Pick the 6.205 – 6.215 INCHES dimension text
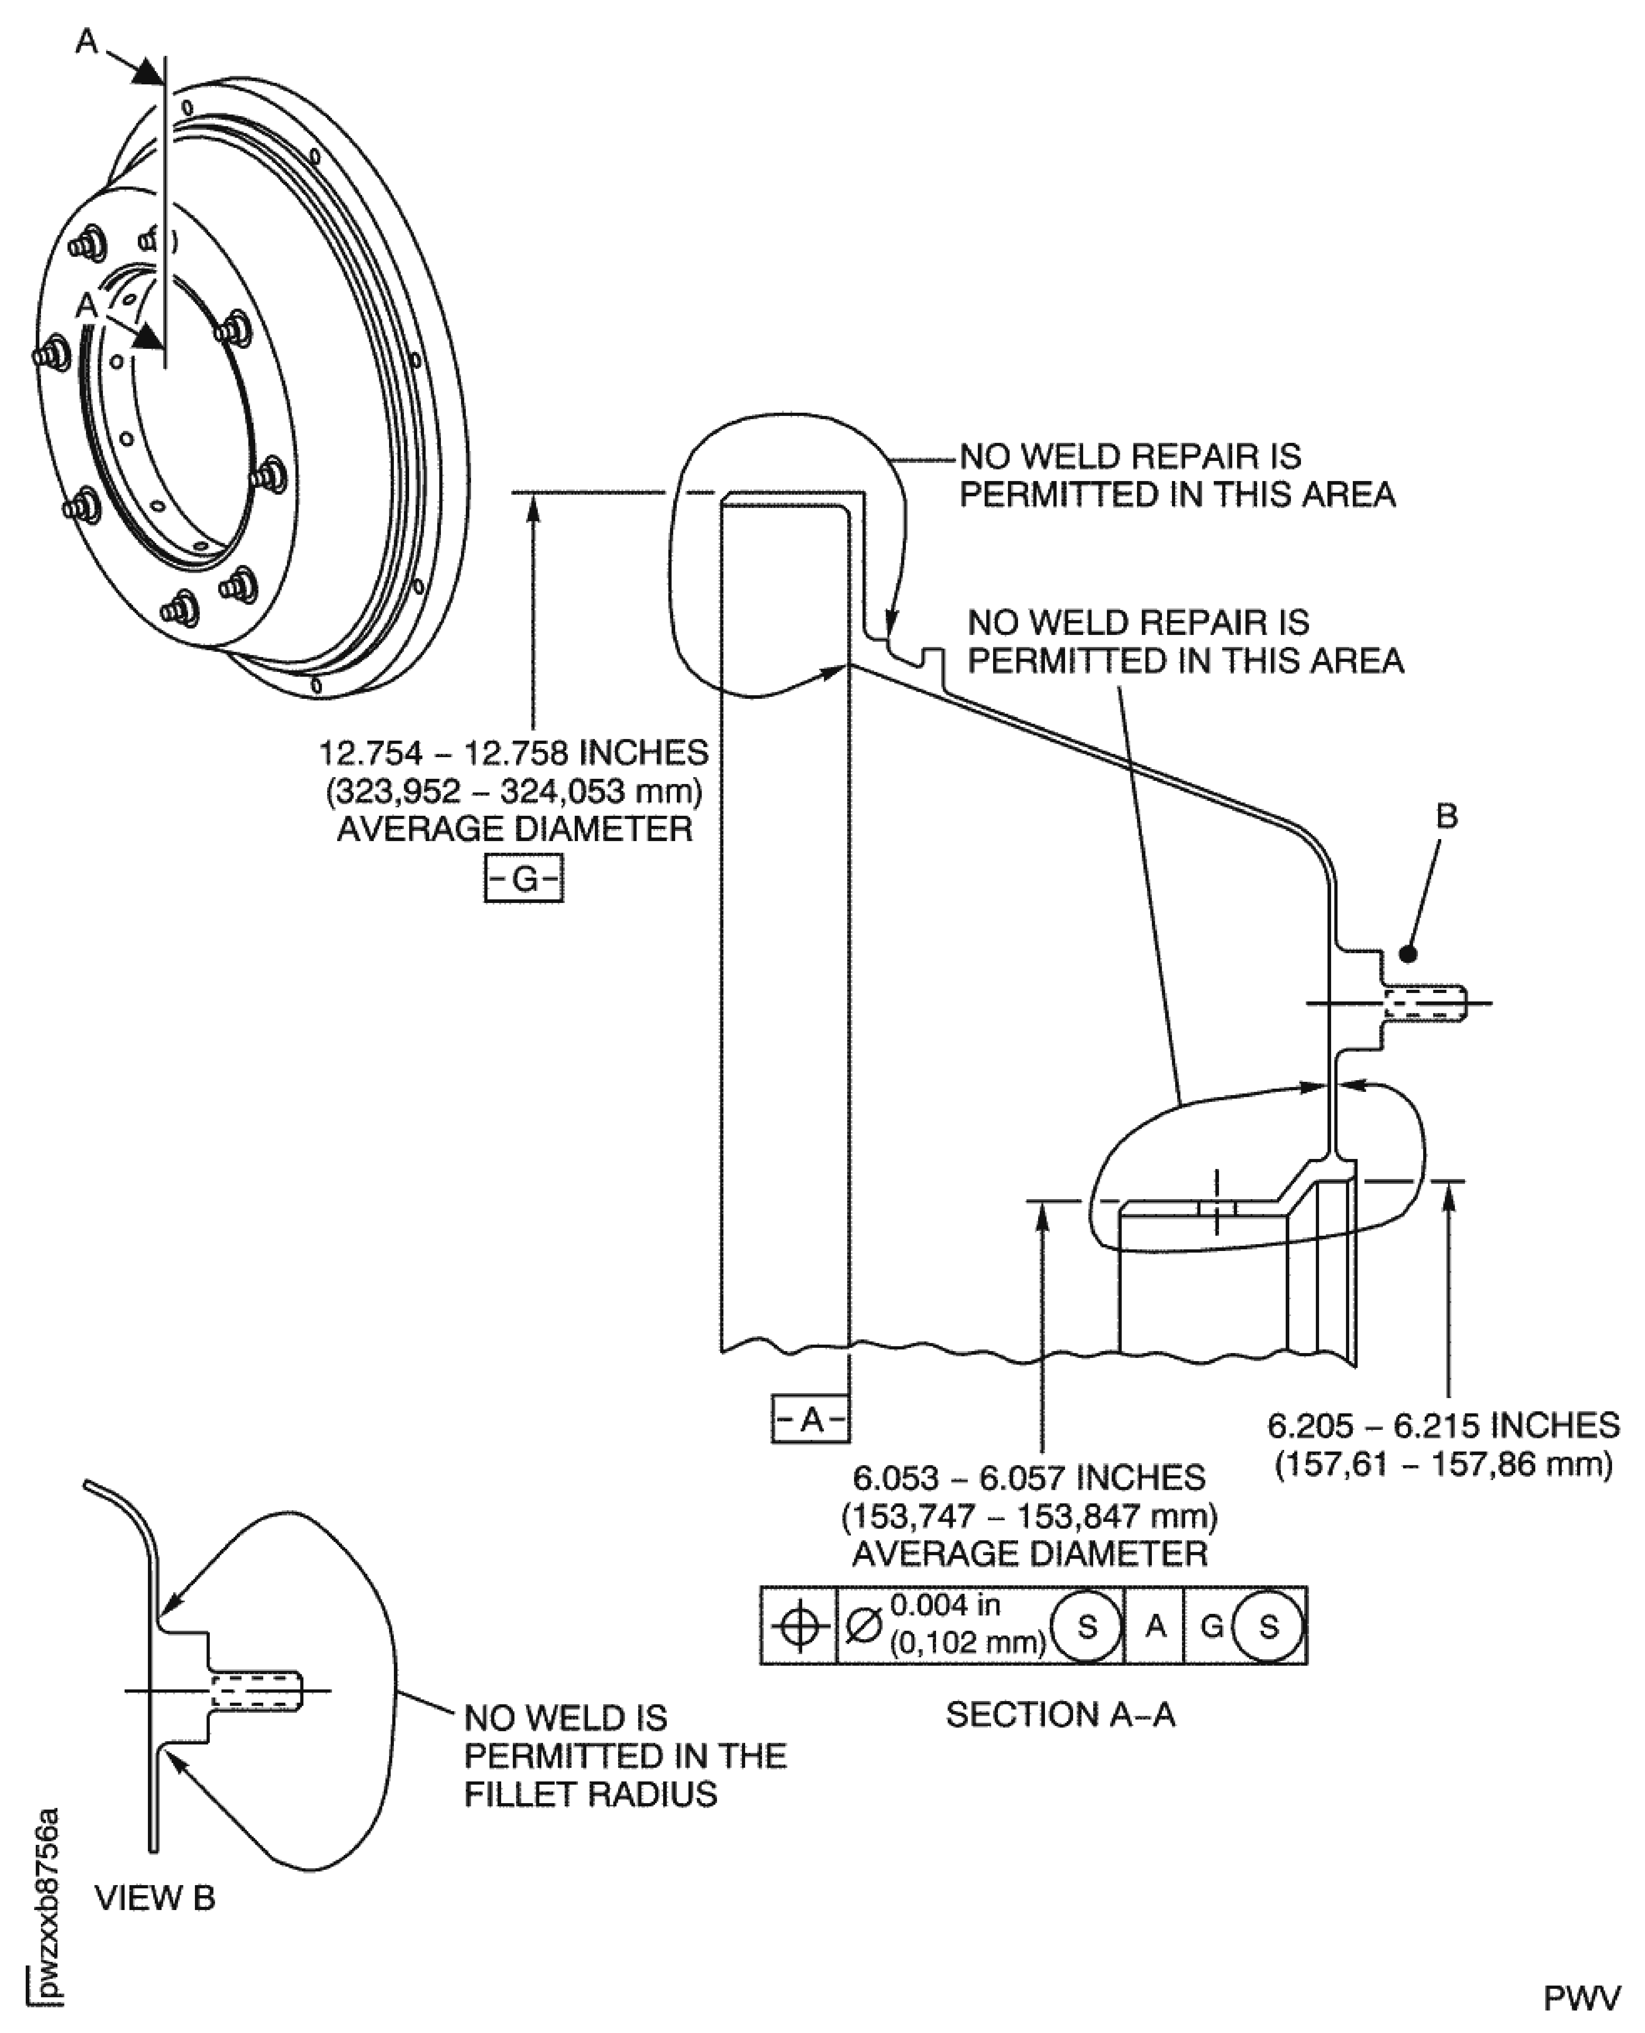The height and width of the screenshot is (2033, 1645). pyautogui.click(x=1443, y=1426)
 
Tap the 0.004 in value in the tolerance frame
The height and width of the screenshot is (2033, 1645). pyautogui.click(x=945, y=1606)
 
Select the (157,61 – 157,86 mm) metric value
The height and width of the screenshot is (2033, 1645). pyautogui.click(x=1443, y=1465)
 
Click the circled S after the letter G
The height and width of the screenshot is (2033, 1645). pyautogui.click(x=1268, y=1627)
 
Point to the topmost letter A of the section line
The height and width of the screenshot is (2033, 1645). pyautogui.click(x=87, y=43)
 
